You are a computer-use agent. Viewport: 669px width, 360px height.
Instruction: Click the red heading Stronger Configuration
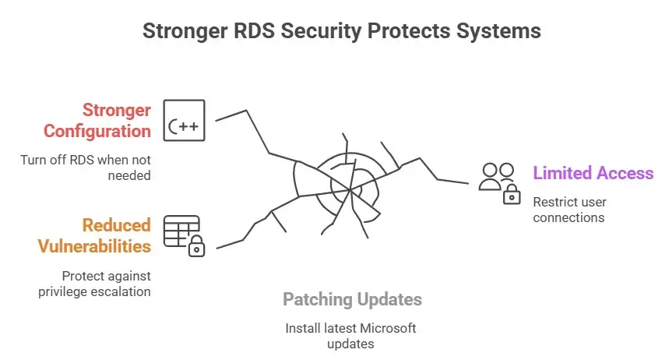tap(97, 120)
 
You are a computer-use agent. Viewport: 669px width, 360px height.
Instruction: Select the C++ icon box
tap(184, 120)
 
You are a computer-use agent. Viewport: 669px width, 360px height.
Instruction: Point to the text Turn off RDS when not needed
tap(86, 168)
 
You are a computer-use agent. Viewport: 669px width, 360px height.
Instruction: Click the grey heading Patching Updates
tap(352, 299)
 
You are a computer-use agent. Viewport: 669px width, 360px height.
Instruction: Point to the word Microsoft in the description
tap(389, 328)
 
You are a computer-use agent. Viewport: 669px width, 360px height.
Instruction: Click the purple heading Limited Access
tap(593, 172)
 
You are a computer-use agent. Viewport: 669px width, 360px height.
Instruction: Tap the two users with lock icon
tap(499, 182)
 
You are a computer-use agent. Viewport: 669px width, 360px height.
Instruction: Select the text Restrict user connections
tap(569, 210)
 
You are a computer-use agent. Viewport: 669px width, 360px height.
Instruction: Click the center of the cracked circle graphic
tap(348, 187)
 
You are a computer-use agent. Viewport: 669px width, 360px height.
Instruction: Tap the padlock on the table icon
tap(196, 248)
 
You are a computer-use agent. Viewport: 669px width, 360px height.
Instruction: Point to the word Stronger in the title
tap(181, 32)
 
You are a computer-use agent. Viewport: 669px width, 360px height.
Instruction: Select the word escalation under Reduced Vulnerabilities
tap(122, 291)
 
